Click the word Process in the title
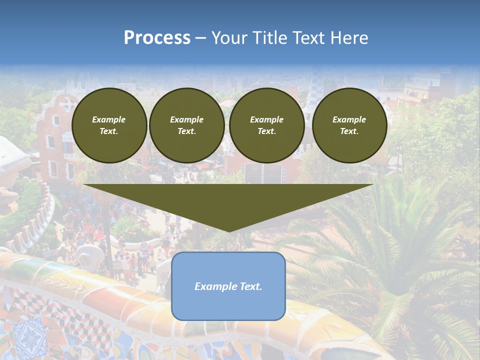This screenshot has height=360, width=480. (157, 38)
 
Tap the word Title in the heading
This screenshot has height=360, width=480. (271, 38)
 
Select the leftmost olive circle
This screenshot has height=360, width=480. (109, 125)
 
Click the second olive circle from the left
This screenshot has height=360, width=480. (186, 125)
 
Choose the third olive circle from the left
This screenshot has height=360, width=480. (266, 125)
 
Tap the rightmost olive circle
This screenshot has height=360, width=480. (349, 125)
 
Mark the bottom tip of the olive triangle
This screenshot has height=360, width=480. (228, 231)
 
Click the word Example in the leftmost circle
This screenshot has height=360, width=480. (109, 119)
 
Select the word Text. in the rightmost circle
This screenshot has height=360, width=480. (349, 131)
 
